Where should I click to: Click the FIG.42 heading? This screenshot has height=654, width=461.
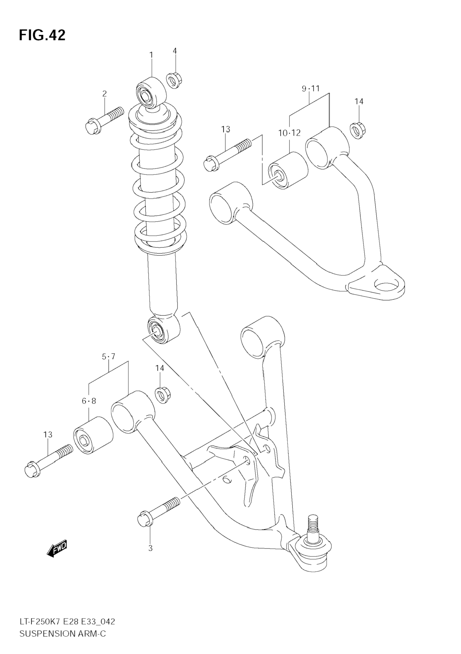[42, 35]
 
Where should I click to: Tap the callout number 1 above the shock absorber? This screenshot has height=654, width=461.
[151, 55]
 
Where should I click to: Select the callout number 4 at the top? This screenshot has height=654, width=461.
[175, 51]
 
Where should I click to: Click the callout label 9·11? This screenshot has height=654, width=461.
[310, 88]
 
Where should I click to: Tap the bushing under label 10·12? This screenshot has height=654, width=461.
[288, 171]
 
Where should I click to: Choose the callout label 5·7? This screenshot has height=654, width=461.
[109, 356]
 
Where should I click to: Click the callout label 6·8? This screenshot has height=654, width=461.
[89, 401]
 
